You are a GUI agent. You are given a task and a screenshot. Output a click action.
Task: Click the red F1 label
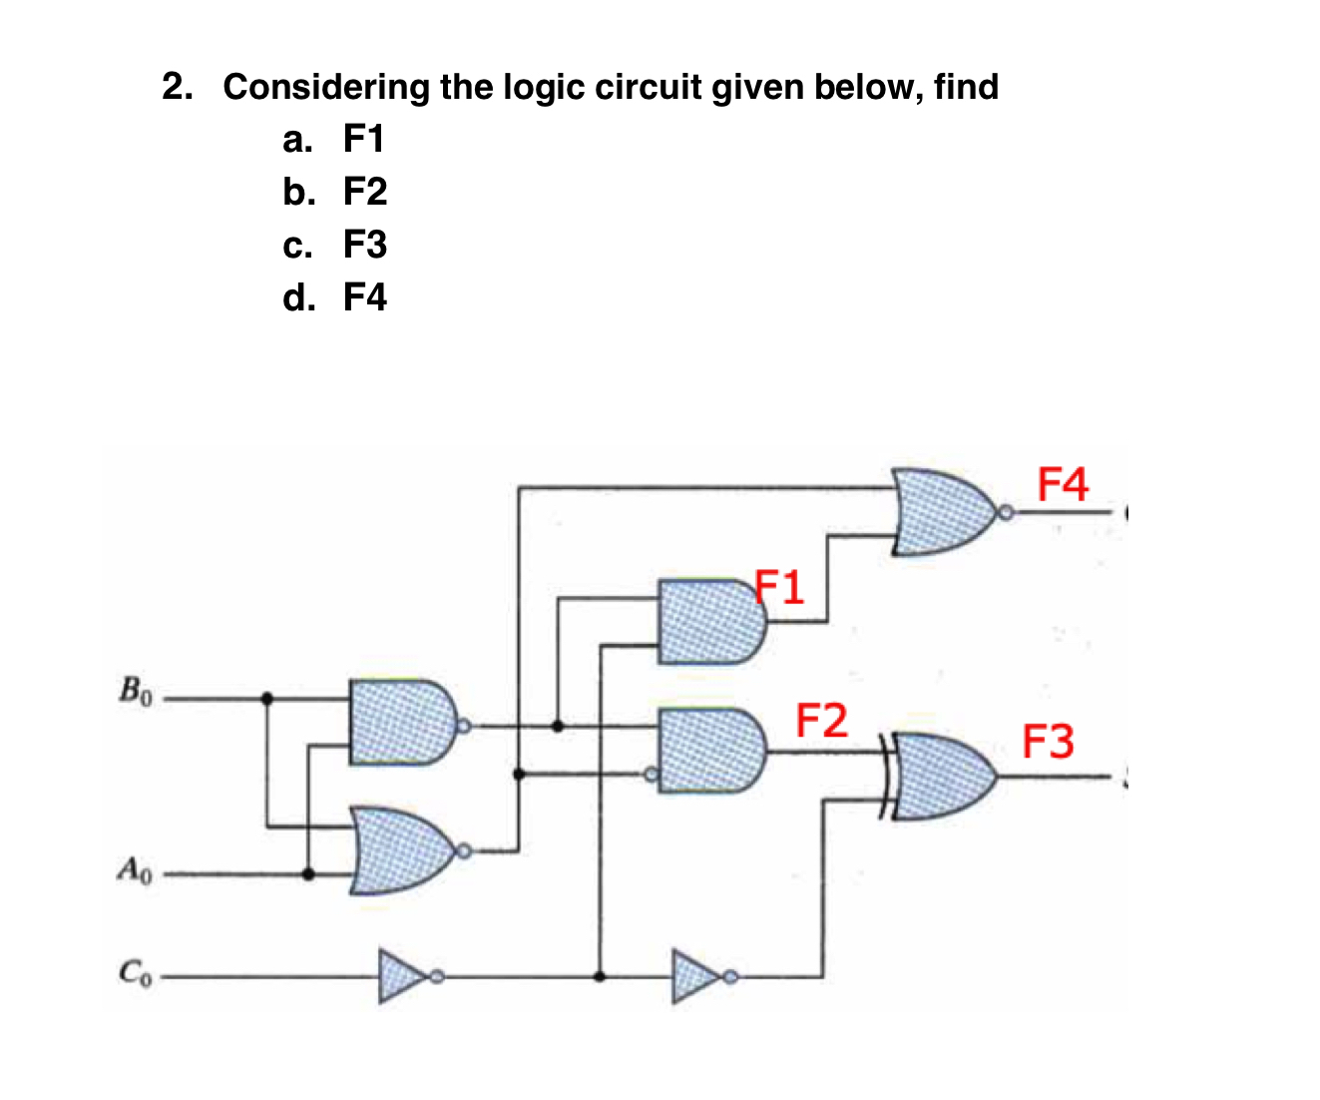coord(779,587)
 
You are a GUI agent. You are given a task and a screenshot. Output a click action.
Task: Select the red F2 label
coord(821,720)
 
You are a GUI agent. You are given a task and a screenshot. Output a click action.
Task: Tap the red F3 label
coord(1048,742)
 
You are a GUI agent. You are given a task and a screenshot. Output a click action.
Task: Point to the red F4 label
coord(1063,484)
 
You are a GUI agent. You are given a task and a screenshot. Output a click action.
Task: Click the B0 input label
coord(135,691)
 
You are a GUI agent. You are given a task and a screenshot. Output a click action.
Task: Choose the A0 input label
coord(135,869)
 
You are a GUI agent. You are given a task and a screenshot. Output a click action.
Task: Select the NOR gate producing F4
coord(943,512)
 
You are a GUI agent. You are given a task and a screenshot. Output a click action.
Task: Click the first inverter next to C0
coord(404,975)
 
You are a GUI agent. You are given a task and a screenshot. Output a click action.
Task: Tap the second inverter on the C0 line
coord(698,975)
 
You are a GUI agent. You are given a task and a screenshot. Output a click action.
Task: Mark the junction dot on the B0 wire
coord(266,699)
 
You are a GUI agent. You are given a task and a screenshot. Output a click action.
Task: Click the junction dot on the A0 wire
coord(308,874)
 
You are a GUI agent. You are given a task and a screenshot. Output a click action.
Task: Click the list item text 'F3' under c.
coord(364,245)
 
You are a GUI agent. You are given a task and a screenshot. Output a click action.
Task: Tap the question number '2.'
coord(178,88)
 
